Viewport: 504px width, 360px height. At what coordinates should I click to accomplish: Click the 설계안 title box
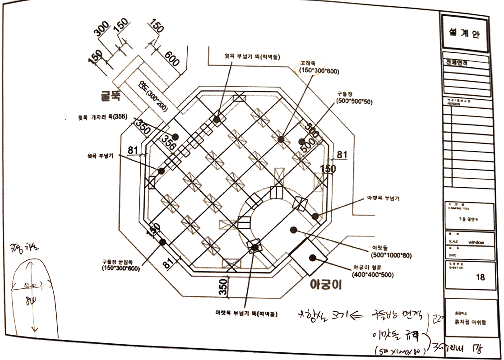pyautogui.click(x=465, y=32)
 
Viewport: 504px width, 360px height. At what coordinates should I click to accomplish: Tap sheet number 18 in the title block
pyautogui.click(x=480, y=277)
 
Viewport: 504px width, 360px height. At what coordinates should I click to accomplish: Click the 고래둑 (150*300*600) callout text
pyautogui.click(x=316, y=68)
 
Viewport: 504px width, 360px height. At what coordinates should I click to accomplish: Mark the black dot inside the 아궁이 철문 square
pyautogui.click(x=312, y=258)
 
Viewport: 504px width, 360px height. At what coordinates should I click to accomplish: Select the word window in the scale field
pyautogui.click(x=476, y=242)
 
